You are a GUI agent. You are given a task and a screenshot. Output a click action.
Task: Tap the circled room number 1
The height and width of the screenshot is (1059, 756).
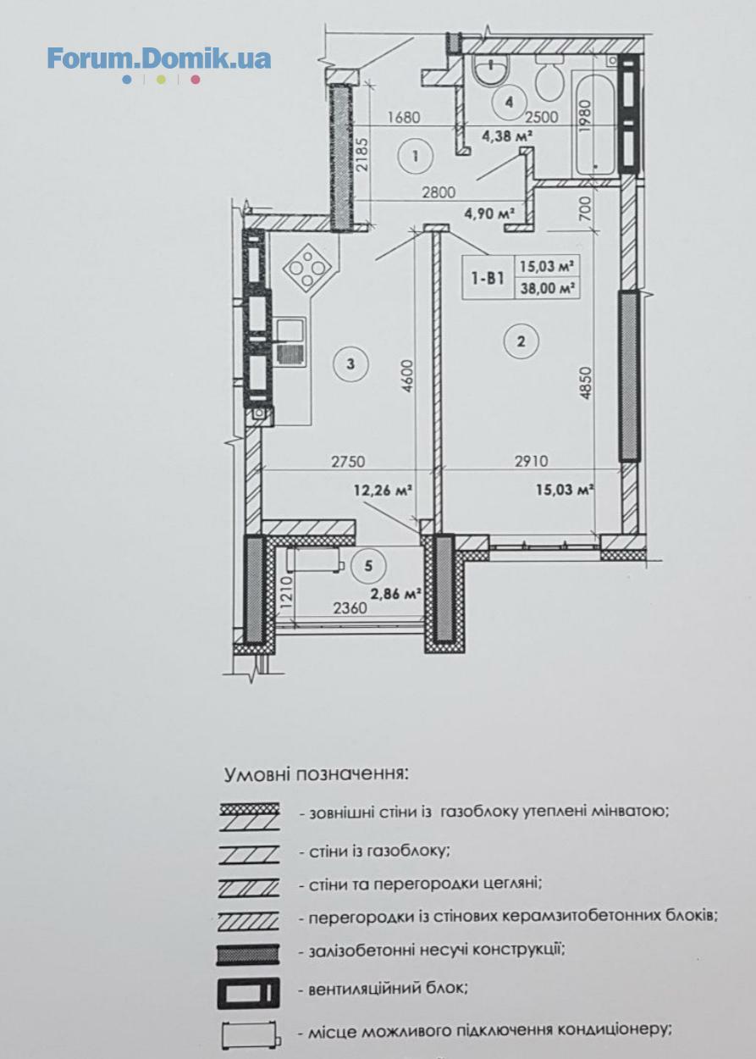click(x=416, y=156)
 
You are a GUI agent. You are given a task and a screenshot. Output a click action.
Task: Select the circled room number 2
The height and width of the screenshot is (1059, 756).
click(x=521, y=341)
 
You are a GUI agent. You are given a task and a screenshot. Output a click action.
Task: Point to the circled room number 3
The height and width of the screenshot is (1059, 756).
click(x=350, y=363)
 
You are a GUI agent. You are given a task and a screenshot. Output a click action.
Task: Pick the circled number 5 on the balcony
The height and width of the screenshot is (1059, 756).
click(x=369, y=566)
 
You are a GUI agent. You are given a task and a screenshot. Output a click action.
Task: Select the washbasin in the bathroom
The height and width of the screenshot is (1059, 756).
click(x=491, y=69)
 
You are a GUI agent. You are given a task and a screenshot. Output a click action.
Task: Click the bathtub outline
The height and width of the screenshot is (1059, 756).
click(x=595, y=123)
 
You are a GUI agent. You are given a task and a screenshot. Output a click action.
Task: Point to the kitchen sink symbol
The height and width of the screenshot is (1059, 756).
click(x=291, y=341)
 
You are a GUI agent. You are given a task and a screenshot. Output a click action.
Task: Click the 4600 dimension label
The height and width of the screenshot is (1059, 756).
click(x=408, y=377)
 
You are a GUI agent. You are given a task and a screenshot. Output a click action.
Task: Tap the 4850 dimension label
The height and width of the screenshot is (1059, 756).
click(x=586, y=383)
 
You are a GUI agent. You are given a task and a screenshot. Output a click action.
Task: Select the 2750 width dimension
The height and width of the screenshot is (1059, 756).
click(x=348, y=461)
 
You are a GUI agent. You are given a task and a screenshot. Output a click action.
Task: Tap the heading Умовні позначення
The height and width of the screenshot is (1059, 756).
click(x=315, y=775)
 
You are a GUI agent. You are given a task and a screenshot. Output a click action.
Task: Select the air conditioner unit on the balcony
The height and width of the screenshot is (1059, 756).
click(x=315, y=559)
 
